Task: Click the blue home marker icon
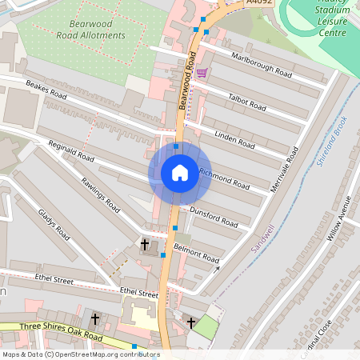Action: (x=180, y=172)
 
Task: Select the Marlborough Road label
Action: (x=261, y=62)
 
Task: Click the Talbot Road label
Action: (x=246, y=101)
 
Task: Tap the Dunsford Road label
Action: (x=214, y=216)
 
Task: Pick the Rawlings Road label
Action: (x=100, y=194)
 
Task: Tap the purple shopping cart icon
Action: (x=202, y=72)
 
